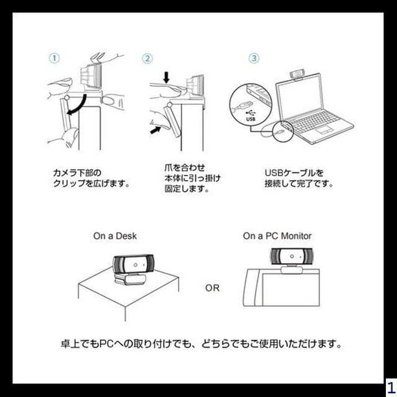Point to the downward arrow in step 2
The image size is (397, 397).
tap(165, 78)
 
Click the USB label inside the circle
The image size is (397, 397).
tap(251, 118)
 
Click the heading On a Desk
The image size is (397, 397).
tap(115, 236)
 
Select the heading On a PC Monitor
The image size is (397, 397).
tap(277, 236)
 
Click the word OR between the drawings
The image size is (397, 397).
tap(212, 288)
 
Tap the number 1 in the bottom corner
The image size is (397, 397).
tap(390, 385)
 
